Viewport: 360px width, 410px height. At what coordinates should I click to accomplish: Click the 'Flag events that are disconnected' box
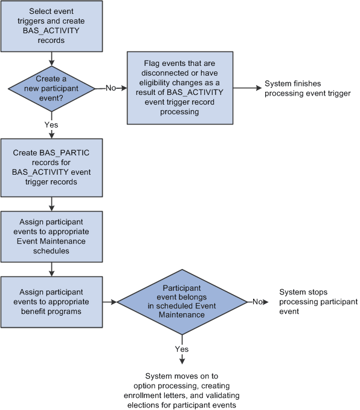pyautogui.click(x=179, y=88)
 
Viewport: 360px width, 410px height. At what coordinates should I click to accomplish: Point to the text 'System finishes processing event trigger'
pyautogui.click(x=307, y=88)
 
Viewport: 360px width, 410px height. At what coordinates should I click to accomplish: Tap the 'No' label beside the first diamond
pyautogui.click(x=111, y=88)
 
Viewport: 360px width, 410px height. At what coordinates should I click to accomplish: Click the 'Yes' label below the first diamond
pyautogui.click(x=52, y=123)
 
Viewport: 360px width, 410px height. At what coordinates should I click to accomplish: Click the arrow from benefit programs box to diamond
pyautogui.click(x=109, y=301)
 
